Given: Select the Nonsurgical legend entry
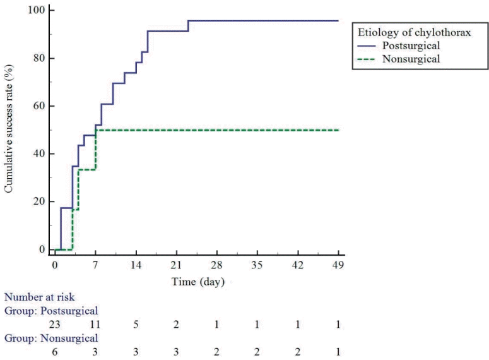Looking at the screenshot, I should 410,59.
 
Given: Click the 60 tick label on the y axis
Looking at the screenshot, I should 40,106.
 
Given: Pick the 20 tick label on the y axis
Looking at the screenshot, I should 40,201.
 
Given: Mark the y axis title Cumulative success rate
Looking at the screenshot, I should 9,130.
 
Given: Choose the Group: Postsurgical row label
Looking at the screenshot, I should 52,309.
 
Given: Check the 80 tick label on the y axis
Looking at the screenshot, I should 40,58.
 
